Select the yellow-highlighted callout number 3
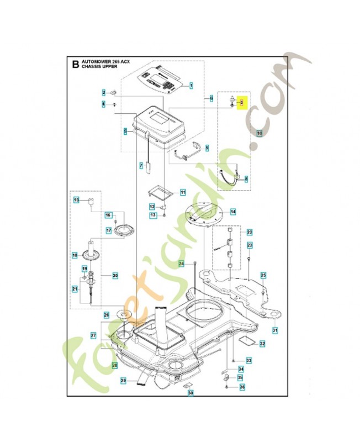pos(242,102)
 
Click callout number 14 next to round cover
pos(232,212)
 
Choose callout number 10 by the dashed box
pos(260,133)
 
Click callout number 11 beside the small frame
pos(183,192)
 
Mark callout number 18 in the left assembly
pos(75,255)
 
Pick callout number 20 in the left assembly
pos(115,275)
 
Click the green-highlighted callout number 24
pos(181,264)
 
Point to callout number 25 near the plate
pos(263,275)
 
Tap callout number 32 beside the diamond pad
pos(262,344)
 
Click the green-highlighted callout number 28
pos(115,365)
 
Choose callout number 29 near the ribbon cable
pos(123,380)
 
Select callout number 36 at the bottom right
pos(241,387)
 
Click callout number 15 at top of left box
pos(77,199)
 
